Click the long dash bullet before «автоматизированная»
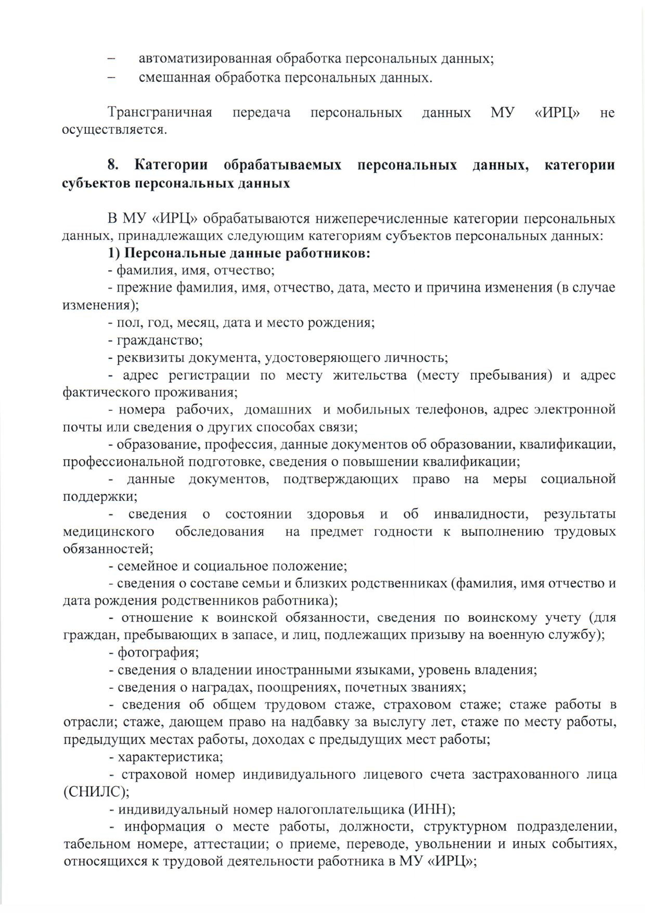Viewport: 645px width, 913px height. pos(111,59)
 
